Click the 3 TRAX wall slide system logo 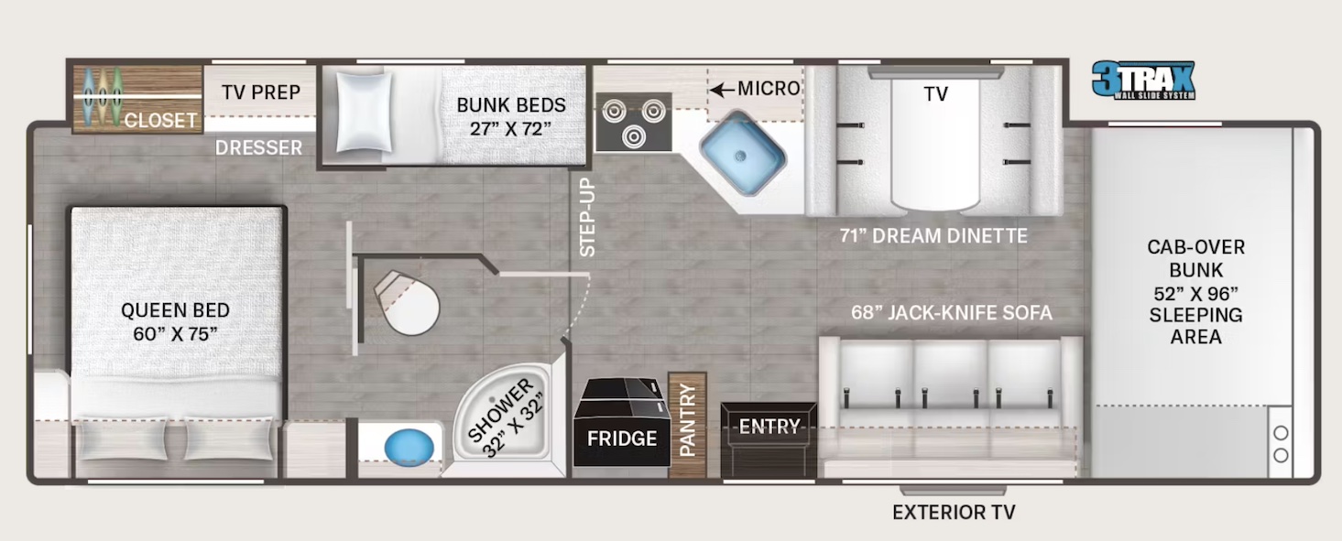pos(1143,81)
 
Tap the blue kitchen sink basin pos(742,151)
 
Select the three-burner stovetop pos(633,122)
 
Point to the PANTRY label pos(688,420)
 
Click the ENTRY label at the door pos(769,427)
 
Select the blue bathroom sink pos(408,449)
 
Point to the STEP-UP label pos(587,218)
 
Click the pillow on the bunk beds pos(364,112)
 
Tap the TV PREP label pos(261,92)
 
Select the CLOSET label pos(160,120)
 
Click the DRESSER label pos(259,147)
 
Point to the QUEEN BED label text pos(175,321)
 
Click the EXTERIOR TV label pos(954,513)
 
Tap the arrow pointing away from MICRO pos(723,89)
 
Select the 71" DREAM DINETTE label pos(933,236)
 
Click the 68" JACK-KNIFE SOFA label pos(951,313)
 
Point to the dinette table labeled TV pos(935,137)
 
